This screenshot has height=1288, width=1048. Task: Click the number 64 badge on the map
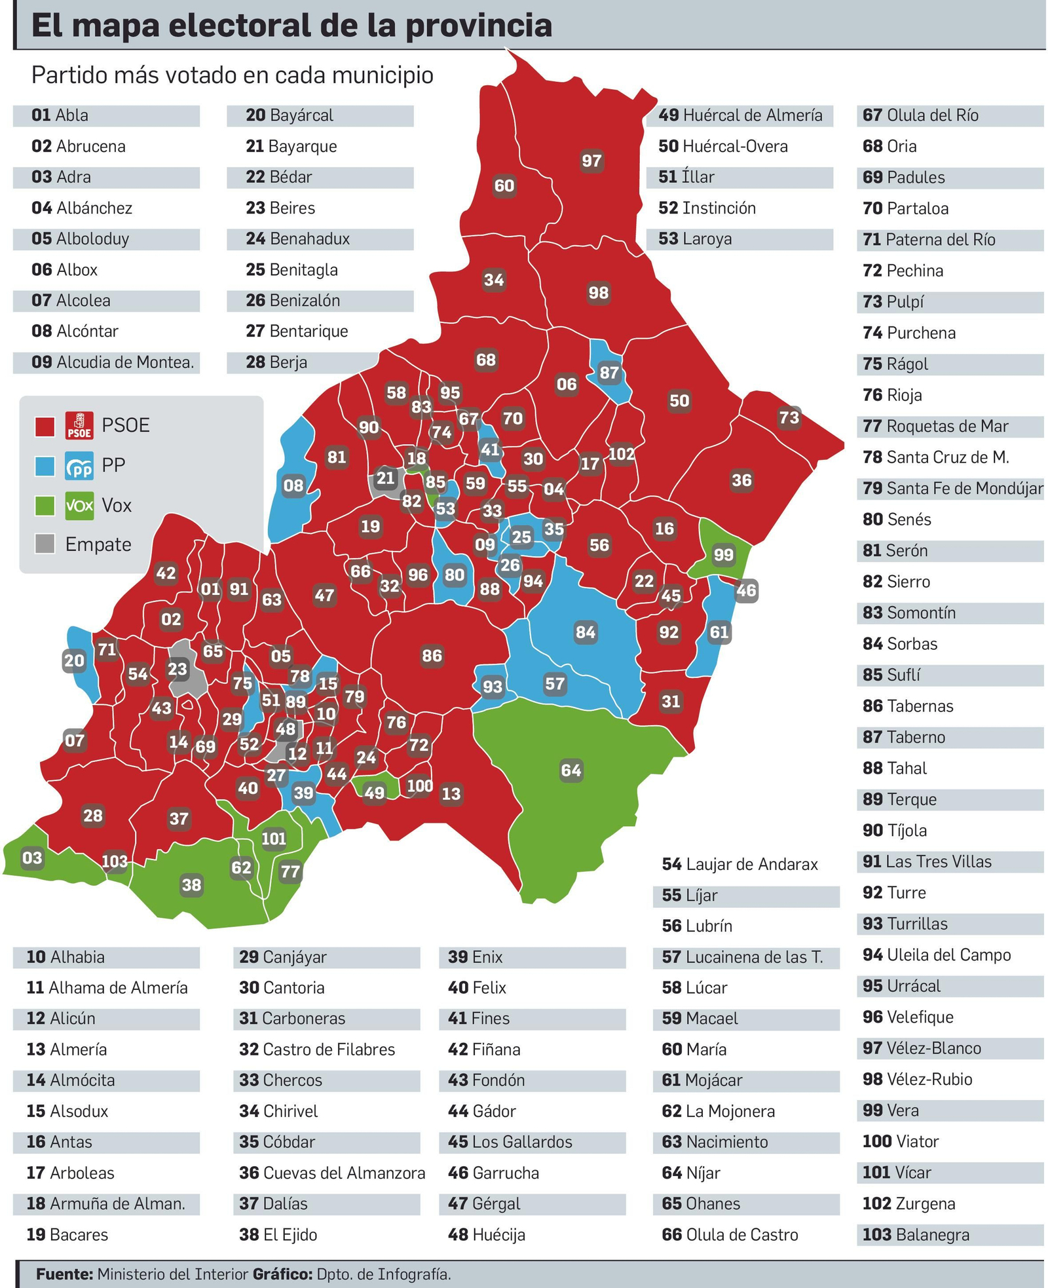(571, 770)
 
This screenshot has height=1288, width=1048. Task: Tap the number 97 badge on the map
(591, 161)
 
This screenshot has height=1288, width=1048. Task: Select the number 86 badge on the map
(432, 655)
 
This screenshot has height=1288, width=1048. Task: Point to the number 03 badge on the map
(32, 858)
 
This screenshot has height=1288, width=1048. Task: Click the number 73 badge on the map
(789, 417)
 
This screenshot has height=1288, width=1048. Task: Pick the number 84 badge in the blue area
(585, 632)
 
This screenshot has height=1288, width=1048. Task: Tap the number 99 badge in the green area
(723, 555)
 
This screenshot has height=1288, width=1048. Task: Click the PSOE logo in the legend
(79, 425)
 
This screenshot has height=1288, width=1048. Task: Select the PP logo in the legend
(79, 466)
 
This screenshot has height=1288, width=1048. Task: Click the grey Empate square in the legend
(45, 544)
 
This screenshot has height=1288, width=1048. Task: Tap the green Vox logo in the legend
(79, 506)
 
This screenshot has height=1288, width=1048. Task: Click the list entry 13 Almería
(66, 1049)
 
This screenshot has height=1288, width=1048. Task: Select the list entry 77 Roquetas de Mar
(935, 426)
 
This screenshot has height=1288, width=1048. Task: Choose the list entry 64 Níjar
(690, 1172)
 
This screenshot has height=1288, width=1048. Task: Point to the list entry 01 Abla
(60, 115)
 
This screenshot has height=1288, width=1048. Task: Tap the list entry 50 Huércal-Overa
(722, 146)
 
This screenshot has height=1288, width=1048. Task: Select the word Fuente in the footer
(64, 1274)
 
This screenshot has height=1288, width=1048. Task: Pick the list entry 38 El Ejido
(278, 1234)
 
